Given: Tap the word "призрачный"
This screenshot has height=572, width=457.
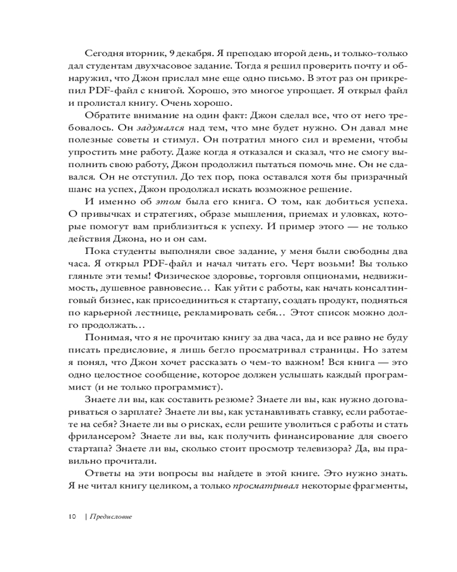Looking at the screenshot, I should (367, 178).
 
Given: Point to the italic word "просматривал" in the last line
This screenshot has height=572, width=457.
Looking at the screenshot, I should (263, 489).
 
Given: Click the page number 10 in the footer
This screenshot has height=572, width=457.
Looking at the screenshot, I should (71, 517).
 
